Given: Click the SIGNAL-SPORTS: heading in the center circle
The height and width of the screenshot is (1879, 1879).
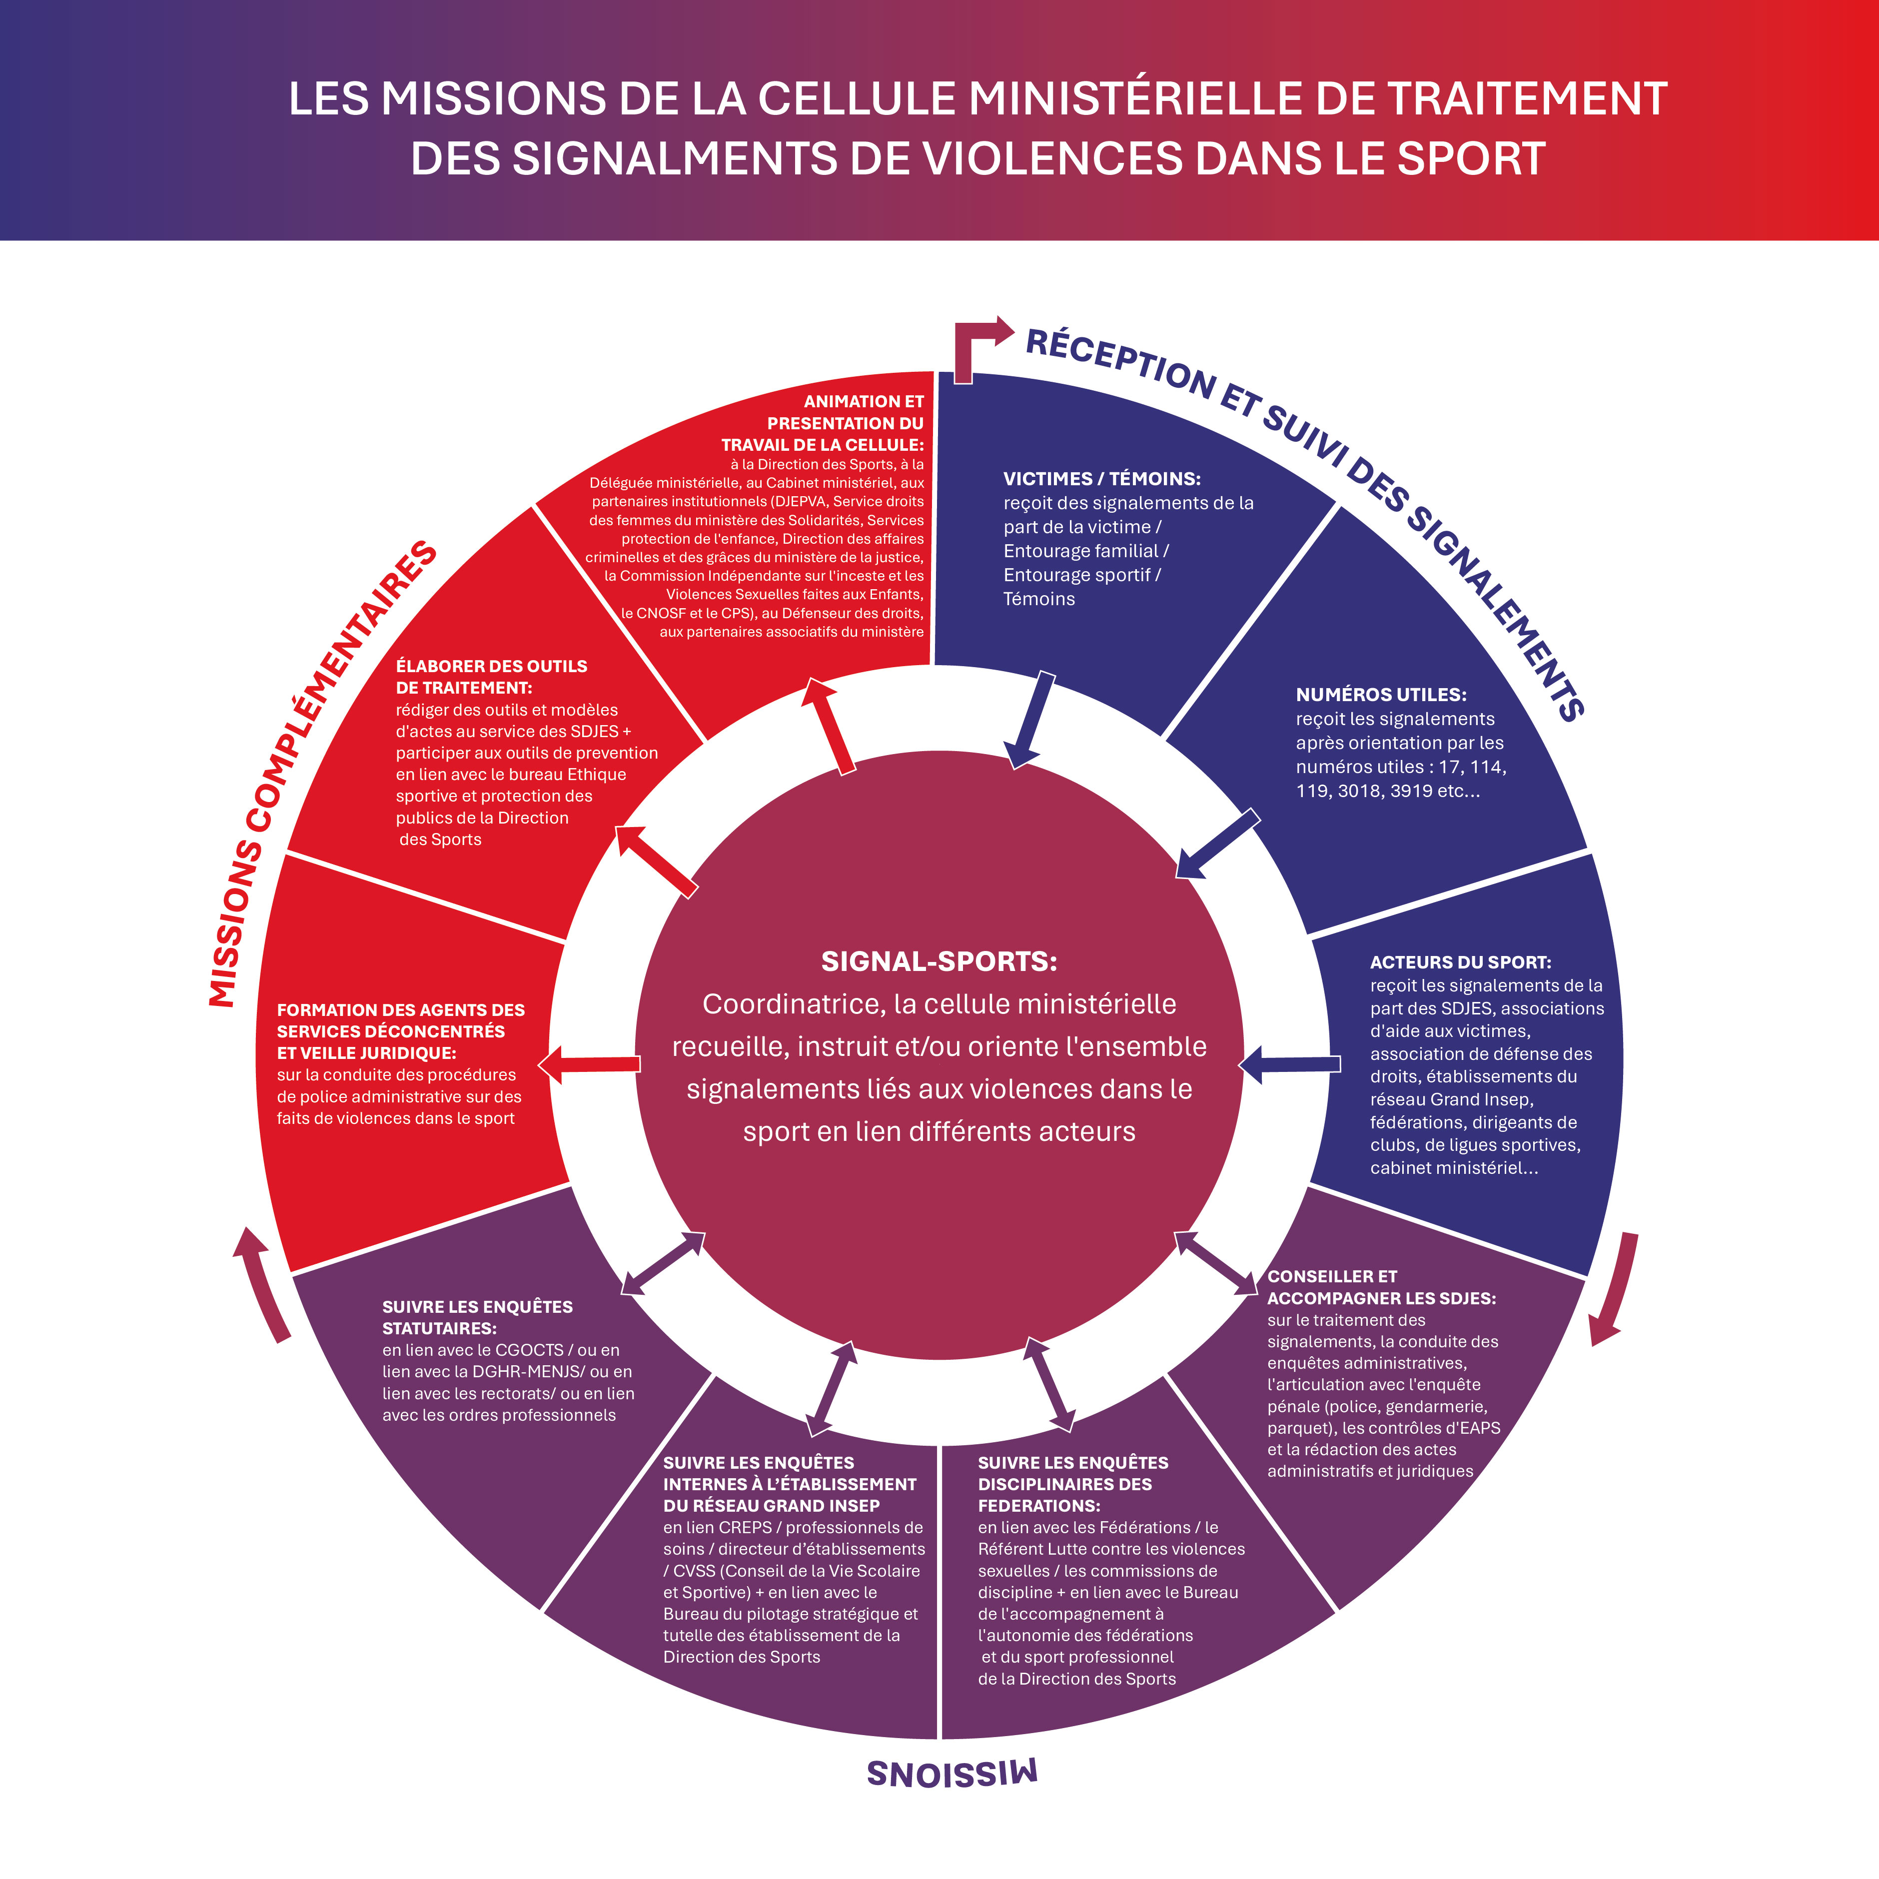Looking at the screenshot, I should (939, 962).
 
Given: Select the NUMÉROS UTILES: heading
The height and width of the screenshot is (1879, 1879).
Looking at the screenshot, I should (1380, 695).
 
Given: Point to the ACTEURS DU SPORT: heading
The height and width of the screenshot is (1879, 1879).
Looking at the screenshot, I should (1460, 962).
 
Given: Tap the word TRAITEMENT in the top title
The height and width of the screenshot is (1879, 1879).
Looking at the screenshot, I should (1527, 99).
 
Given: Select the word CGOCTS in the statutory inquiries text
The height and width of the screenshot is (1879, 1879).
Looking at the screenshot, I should (529, 1350).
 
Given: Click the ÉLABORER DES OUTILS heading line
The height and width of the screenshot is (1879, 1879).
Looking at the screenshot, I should (491, 666).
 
